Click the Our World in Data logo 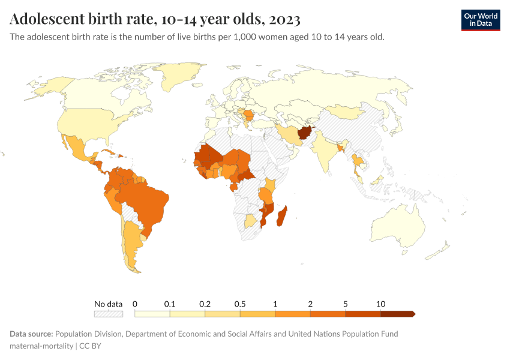[x=481, y=20]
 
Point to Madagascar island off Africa [x=281, y=216]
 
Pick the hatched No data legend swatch [x=109, y=314]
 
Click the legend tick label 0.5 [x=240, y=304]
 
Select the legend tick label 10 [x=380, y=304]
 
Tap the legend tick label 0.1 [x=170, y=304]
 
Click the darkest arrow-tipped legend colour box [x=397, y=314]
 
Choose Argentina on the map [x=131, y=246]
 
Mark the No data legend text [x=109, y=304]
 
